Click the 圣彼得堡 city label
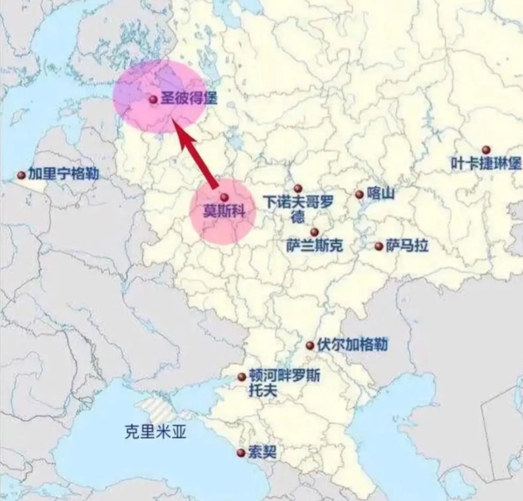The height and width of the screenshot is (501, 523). pyautogui.click(x=189, y=99)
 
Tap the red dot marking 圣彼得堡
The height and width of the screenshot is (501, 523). pyautogui.click(x=153, y=99)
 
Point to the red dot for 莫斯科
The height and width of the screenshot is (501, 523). pyautogui.click(x=224, y=197)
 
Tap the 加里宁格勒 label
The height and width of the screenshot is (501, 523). pyautogui.click(x=63, y=174)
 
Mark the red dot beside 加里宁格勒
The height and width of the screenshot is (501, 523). pyautogui.click(x=21, y=175)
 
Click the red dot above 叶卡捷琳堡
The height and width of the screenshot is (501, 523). pyautogui.click(x=486, y=149)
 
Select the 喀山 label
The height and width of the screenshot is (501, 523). pyautogui.click(x=382, y=194)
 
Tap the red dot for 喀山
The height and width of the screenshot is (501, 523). pyautogui.click(x=360, y=195)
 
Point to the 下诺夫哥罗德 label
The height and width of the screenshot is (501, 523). pyautogui.click(x=298, y=208)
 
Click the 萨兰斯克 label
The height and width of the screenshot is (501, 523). pyautogui.click(x=314, y=246)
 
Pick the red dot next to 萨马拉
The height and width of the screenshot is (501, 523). pyautogui.click(x=379, y=246)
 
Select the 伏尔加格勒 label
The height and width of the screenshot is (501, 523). pyautogui.click(x=353, y=345)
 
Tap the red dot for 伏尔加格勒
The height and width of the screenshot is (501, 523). pyautogui.click(x=310, y=346)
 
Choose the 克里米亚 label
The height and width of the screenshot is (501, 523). pyautogui.click(x=155, y=432)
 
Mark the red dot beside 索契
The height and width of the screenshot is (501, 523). pyautogui.click(x=240, y=453)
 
